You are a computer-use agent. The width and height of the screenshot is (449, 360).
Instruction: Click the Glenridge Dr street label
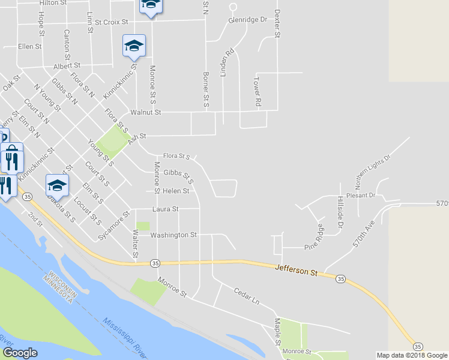click(247, 19)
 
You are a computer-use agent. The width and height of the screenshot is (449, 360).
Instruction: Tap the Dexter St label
click(277, 23)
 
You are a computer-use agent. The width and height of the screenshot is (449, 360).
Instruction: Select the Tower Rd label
click(257, 91)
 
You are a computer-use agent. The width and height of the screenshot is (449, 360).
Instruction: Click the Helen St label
click(175, 191)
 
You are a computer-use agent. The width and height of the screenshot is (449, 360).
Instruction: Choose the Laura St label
click(166, 209)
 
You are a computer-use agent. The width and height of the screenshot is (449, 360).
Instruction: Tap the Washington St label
click(173, 235)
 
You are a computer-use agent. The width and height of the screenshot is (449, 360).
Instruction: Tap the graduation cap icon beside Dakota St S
click(57, 184)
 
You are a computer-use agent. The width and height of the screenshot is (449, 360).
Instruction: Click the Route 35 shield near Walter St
click(155, 263)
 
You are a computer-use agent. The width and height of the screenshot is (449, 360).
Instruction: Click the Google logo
click(20, 353)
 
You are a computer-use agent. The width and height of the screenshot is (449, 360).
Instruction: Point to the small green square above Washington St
click(143, 226)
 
